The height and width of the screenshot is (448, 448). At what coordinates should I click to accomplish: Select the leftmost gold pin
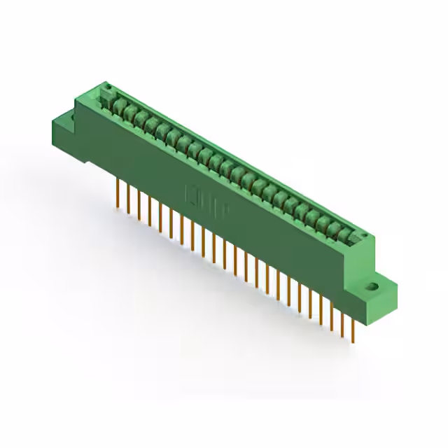(117, 191)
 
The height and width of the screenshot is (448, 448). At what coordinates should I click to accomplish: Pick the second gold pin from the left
(128, 197)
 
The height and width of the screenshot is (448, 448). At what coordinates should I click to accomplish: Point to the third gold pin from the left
(139, 204)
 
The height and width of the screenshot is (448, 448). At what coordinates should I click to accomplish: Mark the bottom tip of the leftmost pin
(117, 207)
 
